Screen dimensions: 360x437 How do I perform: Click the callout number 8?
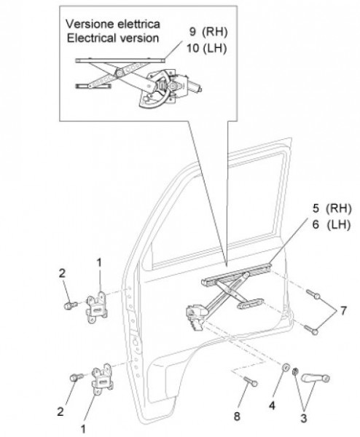(x=237, y=417)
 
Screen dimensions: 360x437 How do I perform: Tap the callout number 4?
(x=272, y=405)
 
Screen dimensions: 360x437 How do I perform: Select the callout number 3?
(x=304, y=418)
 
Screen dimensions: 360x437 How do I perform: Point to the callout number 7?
(x=343, y=311)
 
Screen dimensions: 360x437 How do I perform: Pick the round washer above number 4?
(x=286, y=368)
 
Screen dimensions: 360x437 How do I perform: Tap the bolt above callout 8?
(x=251, y=381)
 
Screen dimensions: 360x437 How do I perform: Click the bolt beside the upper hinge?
(x=71, y=305)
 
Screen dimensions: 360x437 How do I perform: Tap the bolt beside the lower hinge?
(x=77, y=377)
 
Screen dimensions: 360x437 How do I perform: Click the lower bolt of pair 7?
(x=311, y=330)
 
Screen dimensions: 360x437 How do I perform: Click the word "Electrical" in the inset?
(x=90, y=38)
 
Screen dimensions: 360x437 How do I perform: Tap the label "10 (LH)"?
(x=206, y=48)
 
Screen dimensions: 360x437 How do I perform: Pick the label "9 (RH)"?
(x=208, y=32)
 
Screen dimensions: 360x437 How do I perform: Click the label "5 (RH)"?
(x=332, y=208)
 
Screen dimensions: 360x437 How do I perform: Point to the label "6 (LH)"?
(x=332, y=224)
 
